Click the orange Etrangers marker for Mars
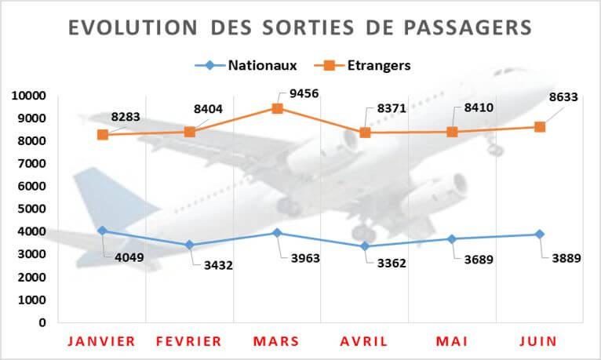tap(277, 108)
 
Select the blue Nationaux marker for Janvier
tap(102, 231)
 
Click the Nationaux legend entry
tap(251, 65)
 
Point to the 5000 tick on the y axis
tap(31, 209)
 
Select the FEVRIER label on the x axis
tap(189, 341)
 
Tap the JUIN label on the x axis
tap(539, 341)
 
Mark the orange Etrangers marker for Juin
tap(540, 127)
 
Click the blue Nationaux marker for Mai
tap(452, 238)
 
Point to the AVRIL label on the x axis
tap(364, 341)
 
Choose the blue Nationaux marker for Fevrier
tap(189, 245)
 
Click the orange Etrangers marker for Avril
tap(365, 133)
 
